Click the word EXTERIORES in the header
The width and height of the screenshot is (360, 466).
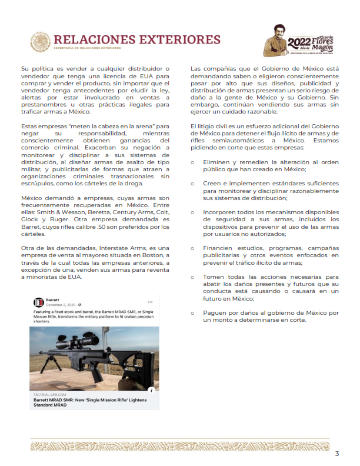179,39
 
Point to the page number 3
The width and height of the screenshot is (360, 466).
337,453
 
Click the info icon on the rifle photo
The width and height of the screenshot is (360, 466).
152,390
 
